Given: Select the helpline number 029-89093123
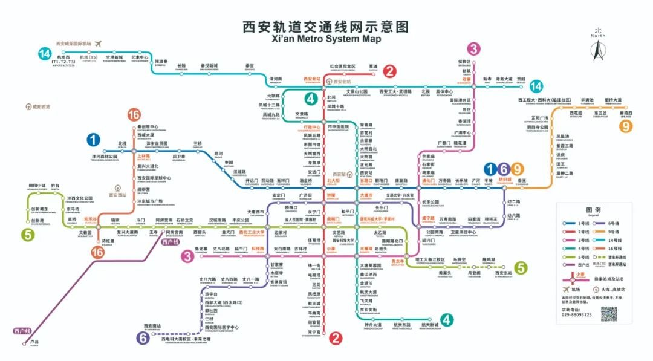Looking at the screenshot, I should coord(576,315).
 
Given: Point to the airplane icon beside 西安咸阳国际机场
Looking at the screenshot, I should coord(99,43).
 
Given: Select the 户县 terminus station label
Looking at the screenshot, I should coord(34,342).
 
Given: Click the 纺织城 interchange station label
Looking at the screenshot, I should coord(505,180).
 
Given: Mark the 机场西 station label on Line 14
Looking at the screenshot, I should coord(63,58).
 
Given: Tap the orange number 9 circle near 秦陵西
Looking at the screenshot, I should coord(625,126).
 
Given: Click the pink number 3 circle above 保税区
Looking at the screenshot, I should coord(474,49).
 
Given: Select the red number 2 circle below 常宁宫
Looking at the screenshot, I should coord(336,339).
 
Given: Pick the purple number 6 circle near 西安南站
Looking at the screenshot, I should coord(143,338).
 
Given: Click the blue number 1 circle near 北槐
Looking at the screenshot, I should coord(94,140).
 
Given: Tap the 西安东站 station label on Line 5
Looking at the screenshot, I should coord(503,273).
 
